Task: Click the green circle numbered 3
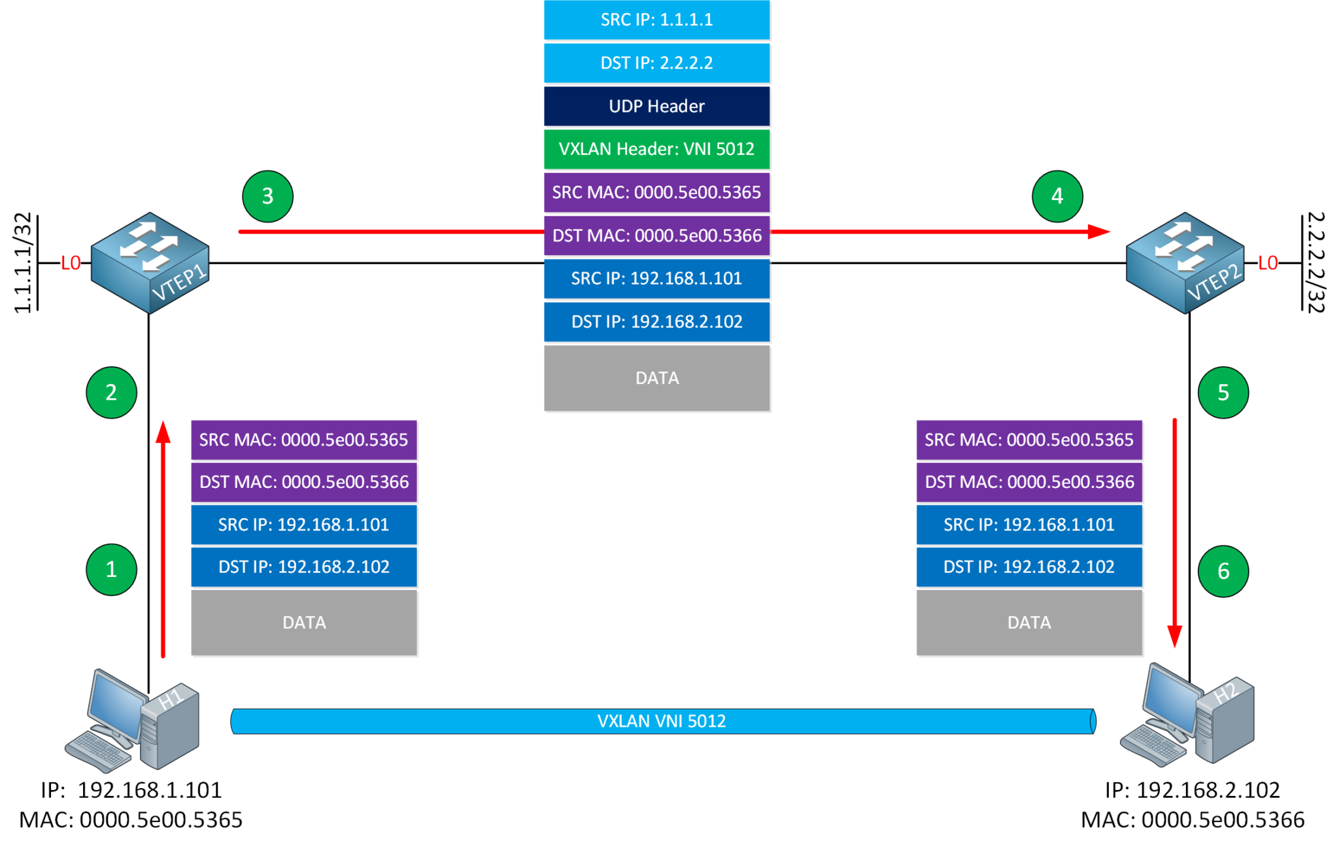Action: (267, 196)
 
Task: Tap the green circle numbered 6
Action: (1223, 571)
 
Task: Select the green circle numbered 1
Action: (111, 569)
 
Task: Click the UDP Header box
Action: (656, 106)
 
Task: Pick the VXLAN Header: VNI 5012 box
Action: (656, 149)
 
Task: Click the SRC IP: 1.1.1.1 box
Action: (656, 20)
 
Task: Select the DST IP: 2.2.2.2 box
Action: (656, 63)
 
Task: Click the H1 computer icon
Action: (134, 719)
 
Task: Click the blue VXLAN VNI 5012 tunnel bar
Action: (662, 721)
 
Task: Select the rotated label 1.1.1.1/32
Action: (23, 263)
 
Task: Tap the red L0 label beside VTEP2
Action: (1268, 263)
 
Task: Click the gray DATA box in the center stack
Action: (656, 378)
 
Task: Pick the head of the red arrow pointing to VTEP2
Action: (1101, 232)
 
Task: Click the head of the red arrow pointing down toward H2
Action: (1174, 636)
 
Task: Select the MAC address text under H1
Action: (131, 820)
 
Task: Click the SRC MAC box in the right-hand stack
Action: (1028, 440)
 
